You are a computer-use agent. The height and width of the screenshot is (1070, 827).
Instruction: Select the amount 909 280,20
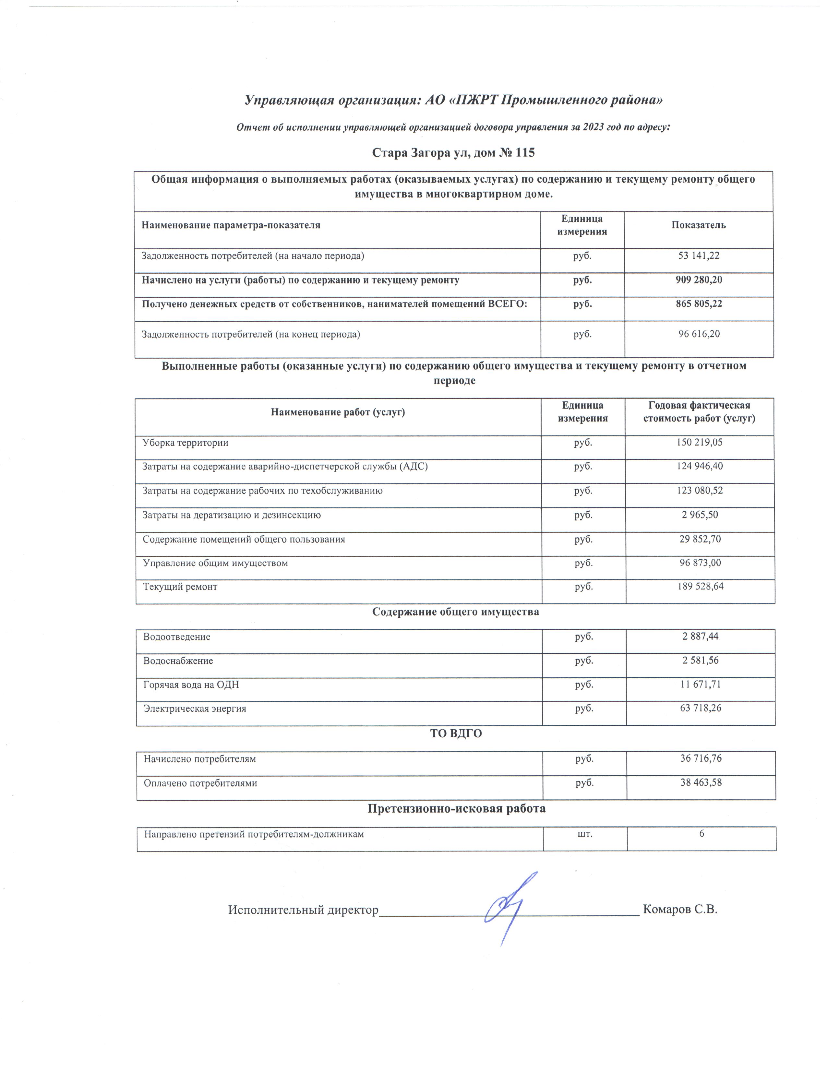tap(698, 280)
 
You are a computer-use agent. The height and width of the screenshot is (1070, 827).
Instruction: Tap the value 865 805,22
tap(698, 304)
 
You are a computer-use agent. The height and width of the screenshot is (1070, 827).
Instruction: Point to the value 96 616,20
tap(699, 334)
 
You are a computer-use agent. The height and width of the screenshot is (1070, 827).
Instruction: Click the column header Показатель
tap(698, 225)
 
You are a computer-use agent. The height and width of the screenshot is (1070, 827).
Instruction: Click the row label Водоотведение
tap(176, 637)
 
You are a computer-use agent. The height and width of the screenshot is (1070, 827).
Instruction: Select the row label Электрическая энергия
tap(195, 708)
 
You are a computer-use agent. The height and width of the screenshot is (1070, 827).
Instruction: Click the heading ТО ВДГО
tap(456, 733)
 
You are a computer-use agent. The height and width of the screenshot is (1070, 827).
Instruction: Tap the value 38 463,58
tap(701, 782)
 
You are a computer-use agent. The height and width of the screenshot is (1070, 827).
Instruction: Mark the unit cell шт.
tap(585, 833)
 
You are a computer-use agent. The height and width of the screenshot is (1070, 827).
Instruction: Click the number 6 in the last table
tap(701, 833)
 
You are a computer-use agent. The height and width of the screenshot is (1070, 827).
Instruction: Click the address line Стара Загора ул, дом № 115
tap(453, 153)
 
